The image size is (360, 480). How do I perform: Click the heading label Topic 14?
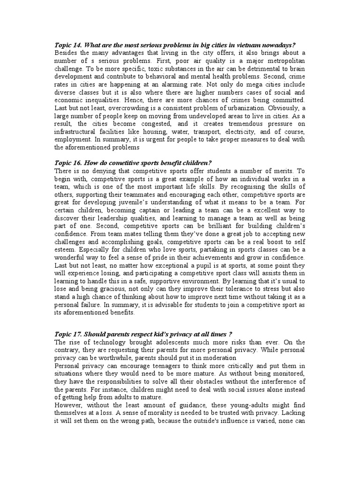coord(69,45)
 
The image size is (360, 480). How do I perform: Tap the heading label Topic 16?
coord(69,163)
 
